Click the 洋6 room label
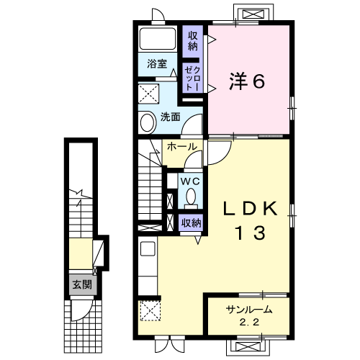pyautogui.click(x=247, y=81)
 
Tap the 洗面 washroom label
pyautogui.click(x=171, y=117)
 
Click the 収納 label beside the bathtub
pyautogui.click(x=192, y=40)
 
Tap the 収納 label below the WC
pyautogui.click(x=191, y=223)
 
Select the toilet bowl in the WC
pyautogui.click(x=191, y=197)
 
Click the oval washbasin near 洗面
pyautogui.click(x=147, y=122)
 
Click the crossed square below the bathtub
pyautogui.click(x=151, y=93)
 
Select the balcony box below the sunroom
pyautogui.click(x=250, y=346)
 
